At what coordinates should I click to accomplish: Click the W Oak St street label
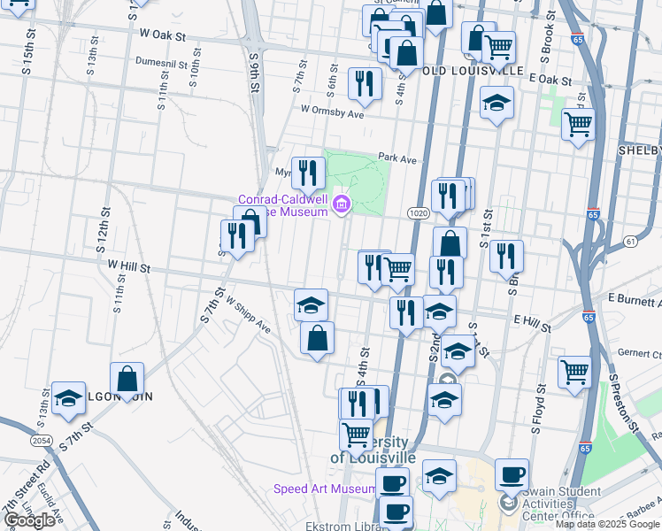pos(163,36)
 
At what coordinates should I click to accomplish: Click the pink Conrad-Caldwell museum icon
pos(342,206)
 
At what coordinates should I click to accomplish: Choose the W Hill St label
pos(129,266)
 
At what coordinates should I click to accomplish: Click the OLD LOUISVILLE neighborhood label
pos(473,70)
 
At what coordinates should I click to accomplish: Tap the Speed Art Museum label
pos(325,489)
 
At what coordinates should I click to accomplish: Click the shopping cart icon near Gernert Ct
pos(574,371)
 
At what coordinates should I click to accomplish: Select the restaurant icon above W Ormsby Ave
pos(365,83)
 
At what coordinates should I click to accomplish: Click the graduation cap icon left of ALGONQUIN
pos(68,398)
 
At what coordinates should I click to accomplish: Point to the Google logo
pos(29,520)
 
